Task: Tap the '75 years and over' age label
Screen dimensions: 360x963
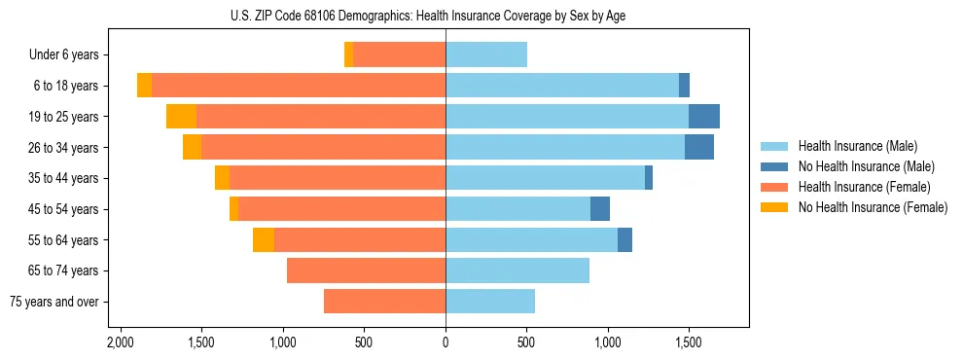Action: [x=54, y=302]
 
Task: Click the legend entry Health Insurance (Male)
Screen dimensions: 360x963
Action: [x=857, y=146]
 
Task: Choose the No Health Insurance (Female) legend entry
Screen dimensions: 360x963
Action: [x=873, y=207]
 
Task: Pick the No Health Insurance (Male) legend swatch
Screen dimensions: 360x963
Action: [x=775, y=166]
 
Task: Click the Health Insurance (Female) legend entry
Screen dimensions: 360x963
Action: [x=864, y=187]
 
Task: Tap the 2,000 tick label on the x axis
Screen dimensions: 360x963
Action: [x=121, y=343]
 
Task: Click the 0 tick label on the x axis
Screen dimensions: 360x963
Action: [x=446, y=343]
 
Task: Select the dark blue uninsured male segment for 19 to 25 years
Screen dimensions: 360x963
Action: [x=704, y=117]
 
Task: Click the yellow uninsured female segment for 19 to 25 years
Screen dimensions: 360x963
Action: [x=182, y=117]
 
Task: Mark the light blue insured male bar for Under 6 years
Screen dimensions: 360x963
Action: [x=486, y=55]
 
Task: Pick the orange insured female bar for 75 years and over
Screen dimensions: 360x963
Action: [x=384, y=302]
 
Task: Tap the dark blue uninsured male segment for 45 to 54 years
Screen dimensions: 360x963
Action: [x=600, y=209]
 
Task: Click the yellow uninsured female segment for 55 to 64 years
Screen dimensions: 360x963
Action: [x=264, y=239]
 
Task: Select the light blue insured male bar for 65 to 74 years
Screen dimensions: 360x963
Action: [x=517, y=270]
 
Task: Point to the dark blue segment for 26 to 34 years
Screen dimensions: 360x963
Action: [x=699, y=148]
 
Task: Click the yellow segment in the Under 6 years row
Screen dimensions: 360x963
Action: [x=349, y=55]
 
